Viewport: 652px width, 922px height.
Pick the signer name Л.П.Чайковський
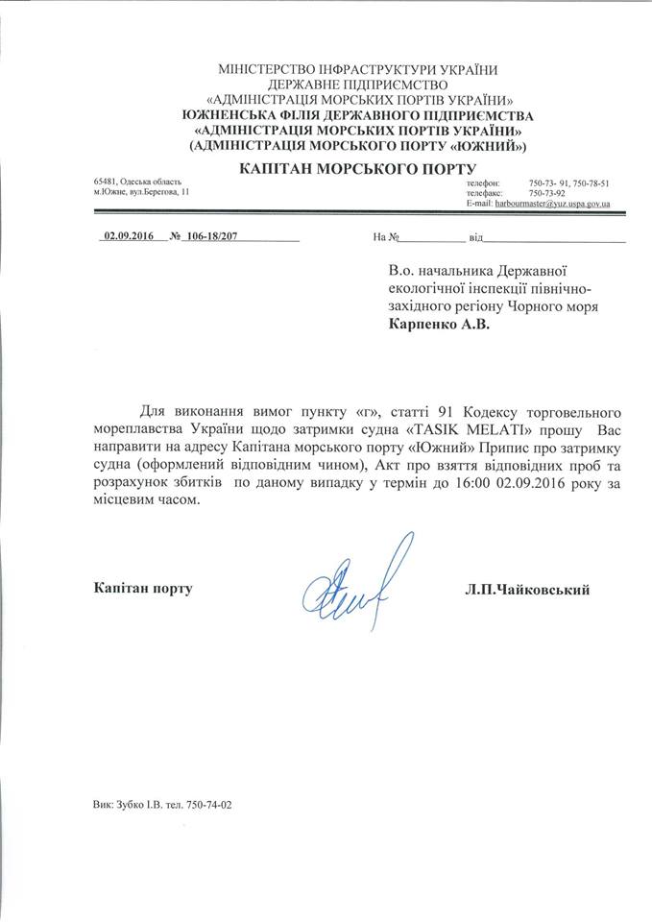tap(526, 589)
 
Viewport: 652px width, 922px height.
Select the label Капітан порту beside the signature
tap(143, 588)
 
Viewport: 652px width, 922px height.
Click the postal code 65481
tap(105, 182)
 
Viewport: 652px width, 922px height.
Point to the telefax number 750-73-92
tap(548, 193)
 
